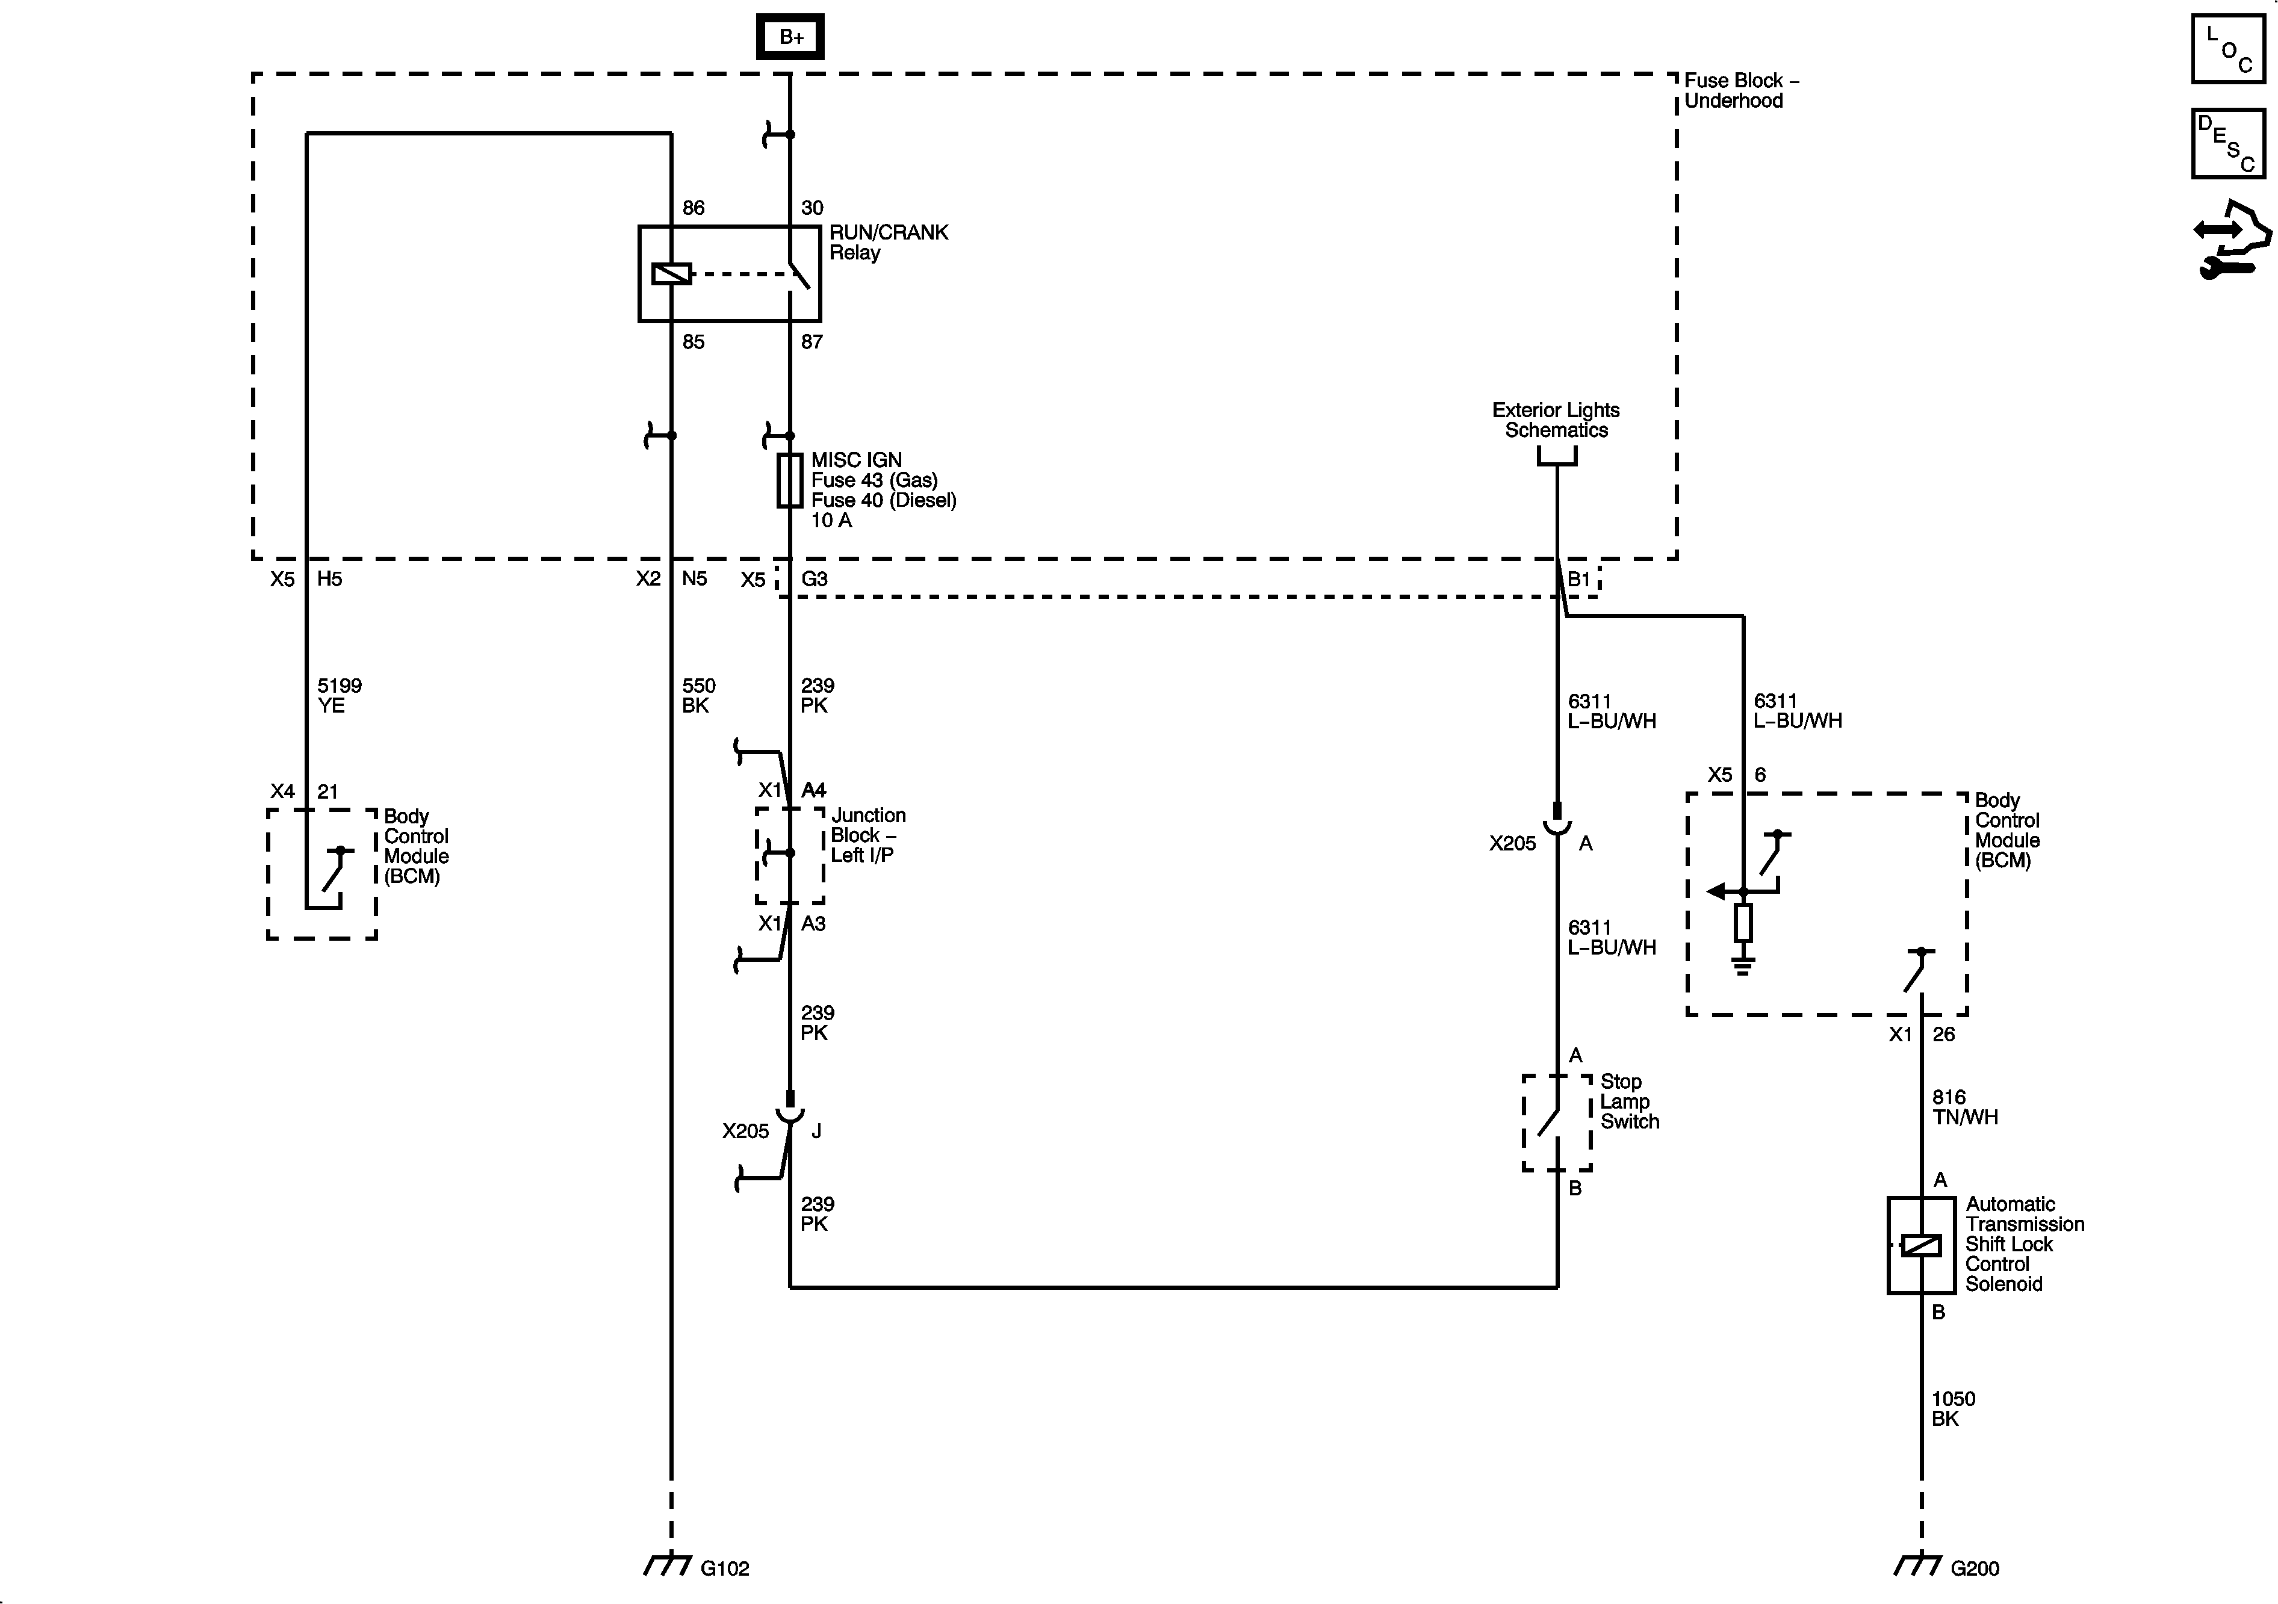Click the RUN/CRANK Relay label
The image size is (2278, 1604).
888,242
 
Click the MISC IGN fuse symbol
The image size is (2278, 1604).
790,481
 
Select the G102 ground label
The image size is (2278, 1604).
724,1568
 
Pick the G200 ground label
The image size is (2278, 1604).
1975,1568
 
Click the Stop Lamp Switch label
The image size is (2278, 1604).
1629,1101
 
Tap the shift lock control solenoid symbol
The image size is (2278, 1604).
1921,1245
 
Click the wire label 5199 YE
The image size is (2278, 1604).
338,695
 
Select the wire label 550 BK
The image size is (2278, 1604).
698,695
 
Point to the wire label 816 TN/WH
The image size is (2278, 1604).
1964,1107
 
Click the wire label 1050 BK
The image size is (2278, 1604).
1952,1408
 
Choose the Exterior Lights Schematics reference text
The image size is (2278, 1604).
1556,420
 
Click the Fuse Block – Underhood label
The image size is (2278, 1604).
1741,90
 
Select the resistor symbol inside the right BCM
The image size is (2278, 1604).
1743,923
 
